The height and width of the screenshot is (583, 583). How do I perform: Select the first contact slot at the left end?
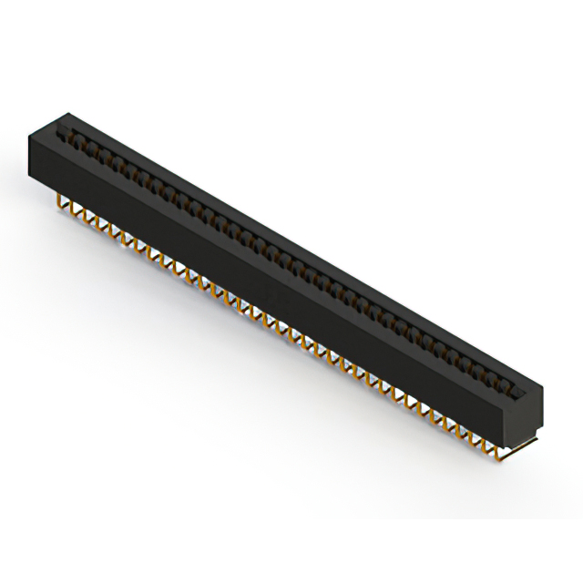pos(66,138)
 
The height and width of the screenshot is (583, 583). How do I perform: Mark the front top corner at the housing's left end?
pos(28,137)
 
